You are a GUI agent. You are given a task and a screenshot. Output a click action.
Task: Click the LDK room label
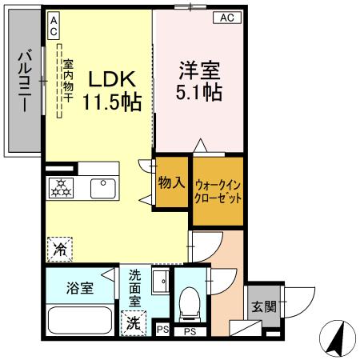pos(111,79)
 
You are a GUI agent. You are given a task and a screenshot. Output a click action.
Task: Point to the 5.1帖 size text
pos(199,92)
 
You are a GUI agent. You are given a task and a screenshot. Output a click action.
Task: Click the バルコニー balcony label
pos(24,82)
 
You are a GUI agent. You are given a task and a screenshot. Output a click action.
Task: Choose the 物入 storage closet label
pos(171,182)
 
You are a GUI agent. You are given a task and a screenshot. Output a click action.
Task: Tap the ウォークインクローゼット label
pos(218,190)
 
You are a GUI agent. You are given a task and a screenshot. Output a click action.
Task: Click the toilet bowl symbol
pos(190,302)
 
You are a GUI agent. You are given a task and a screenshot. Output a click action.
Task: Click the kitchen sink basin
pos(103,189)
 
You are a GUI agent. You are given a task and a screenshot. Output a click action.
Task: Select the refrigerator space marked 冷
pos(59,250)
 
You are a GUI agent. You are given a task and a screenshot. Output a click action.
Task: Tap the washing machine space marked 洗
pos(134,324)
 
